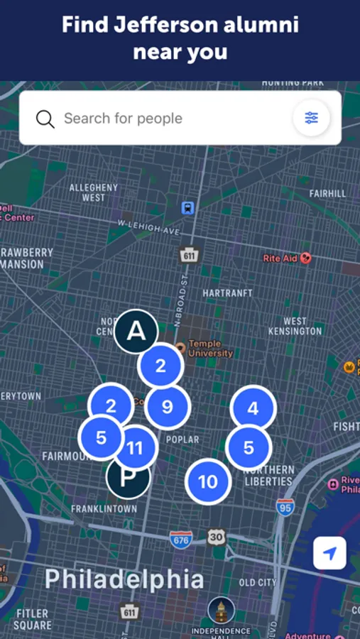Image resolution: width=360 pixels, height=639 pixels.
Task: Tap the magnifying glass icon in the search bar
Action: pos(45,119)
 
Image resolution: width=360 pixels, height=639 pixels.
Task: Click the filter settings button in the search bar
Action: pos(311,118)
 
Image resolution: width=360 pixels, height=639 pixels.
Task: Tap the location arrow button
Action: pos(329,553)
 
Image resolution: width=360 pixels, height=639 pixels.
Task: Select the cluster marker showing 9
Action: pos(168,407)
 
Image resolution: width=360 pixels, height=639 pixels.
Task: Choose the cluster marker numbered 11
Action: pos(135,448)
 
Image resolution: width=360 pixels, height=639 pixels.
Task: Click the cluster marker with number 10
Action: pos(207,482)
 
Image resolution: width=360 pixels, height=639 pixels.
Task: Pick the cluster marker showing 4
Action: pos(253,409)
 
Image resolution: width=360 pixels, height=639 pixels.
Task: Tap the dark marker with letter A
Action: pos(136,331)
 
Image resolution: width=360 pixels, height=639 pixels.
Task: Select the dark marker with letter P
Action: pos(128,477)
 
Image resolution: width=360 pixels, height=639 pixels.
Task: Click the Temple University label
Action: pos(210,349)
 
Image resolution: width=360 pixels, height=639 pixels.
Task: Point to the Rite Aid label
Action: pos(280,258)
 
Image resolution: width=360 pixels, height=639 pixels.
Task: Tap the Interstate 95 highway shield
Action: pos(285,507)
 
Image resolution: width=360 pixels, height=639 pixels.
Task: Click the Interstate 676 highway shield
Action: pos(181,540)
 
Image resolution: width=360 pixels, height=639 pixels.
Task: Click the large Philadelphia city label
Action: pos(124,579)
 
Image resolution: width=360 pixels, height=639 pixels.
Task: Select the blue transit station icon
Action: pos(187,208)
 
